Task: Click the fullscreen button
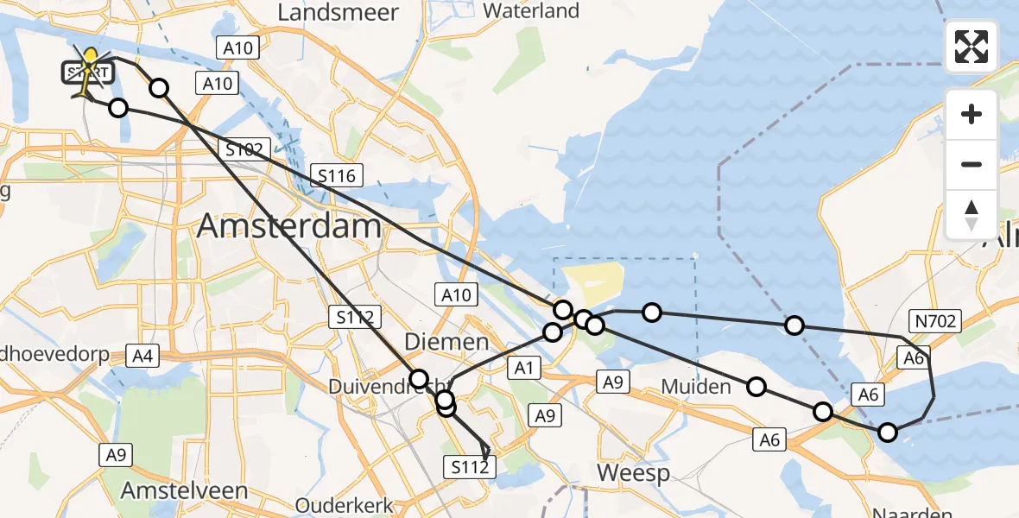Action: click(x=972, y=47)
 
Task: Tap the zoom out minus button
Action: click(x=972, y=164)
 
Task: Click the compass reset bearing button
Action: click(x=972, y=214)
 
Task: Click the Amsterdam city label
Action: click(x=289, y=226)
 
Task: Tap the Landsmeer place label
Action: click(x=339, y=12)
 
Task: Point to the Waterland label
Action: click(x=531, y=11)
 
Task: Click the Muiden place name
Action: click(x=696, y=386)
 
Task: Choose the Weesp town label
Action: click(x=633, y=472)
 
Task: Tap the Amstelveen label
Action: click(x=185, y=490)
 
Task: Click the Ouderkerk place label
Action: click(x=345, y=505)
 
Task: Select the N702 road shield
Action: click(x=934, y=322)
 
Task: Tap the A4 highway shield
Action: click(x=142, y=354)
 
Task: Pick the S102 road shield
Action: click(x=244, y=148)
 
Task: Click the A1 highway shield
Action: click(x=522, y=369)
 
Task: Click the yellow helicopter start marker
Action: click(x=87, y=70)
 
